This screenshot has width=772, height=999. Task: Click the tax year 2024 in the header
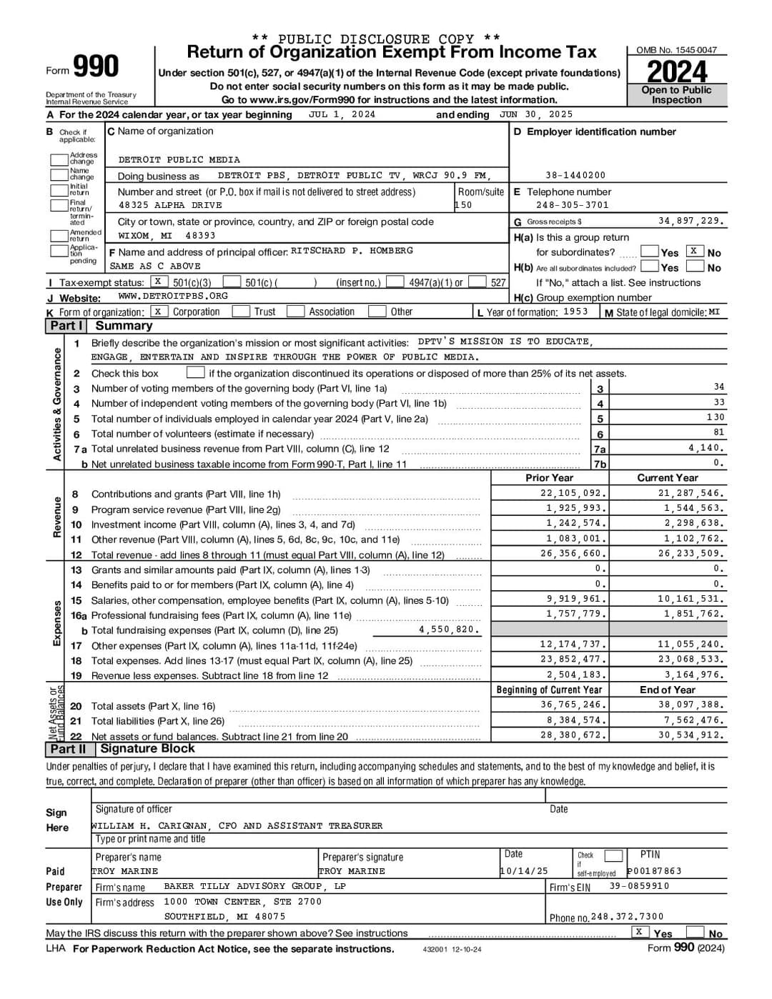coord(677,71)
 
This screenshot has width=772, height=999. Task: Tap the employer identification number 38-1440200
coord(575,175)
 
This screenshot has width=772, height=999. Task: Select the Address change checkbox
coord(59,159)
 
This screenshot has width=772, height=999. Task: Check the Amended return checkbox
coord(59,236)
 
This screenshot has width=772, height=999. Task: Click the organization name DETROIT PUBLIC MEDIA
coord(179,160)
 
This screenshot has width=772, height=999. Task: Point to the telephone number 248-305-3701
coord(573,205)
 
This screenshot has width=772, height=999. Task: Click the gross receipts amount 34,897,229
coord(691,222)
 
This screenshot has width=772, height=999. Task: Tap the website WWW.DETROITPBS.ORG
coord(173,296)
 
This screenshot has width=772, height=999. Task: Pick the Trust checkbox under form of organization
coord(241,312)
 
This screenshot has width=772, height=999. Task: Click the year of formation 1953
coord(575,312)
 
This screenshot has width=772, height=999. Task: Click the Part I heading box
coord(66,326)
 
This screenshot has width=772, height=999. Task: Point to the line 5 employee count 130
coord(715,417)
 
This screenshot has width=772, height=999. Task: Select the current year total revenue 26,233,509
coord(691,554)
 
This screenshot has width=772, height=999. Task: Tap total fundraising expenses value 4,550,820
coord(449,630)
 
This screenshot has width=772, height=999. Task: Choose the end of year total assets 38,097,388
coord(691,705)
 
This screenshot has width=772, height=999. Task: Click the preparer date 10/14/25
coord(524,871)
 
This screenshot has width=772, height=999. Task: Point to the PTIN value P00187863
coord(654,872)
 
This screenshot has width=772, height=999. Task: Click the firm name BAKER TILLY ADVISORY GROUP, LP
coord(254,887)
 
